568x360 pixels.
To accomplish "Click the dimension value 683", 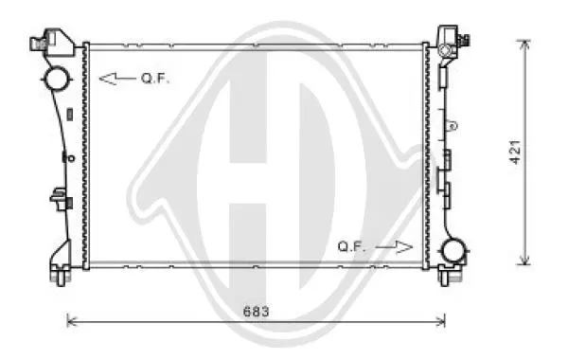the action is [x=257, y=312].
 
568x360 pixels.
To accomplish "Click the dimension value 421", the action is [x=515, y=152].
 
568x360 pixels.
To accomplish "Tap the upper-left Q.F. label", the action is [x=155, y=79].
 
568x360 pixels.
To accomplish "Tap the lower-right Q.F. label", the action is [x=351, y=247].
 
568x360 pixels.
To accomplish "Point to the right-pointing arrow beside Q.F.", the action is [x=394, y=247].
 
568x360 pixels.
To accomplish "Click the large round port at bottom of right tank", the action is [x=453, y=250].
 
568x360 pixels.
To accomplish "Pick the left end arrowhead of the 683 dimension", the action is [x=71, y=321].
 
